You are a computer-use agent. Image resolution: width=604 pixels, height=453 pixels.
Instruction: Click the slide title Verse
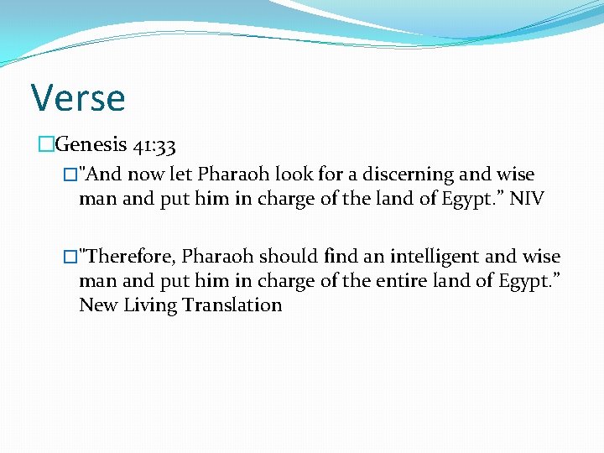pyautogui.click(x=78, y=97)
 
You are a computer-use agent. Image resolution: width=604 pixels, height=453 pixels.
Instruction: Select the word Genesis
pyautogui.click(x=90, y=145)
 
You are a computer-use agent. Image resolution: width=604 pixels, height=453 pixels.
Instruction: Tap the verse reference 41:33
pyautogui.click(x=154, y=145)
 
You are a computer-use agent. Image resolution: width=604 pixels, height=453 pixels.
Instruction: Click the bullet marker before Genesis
pyautogui.click(x=45, y=145)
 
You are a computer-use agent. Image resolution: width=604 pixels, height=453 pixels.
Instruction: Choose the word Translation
pyautogui.click(x=237, y=305)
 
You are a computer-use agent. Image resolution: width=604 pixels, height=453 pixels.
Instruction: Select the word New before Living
pyautogui.click(x=98, y=305)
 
